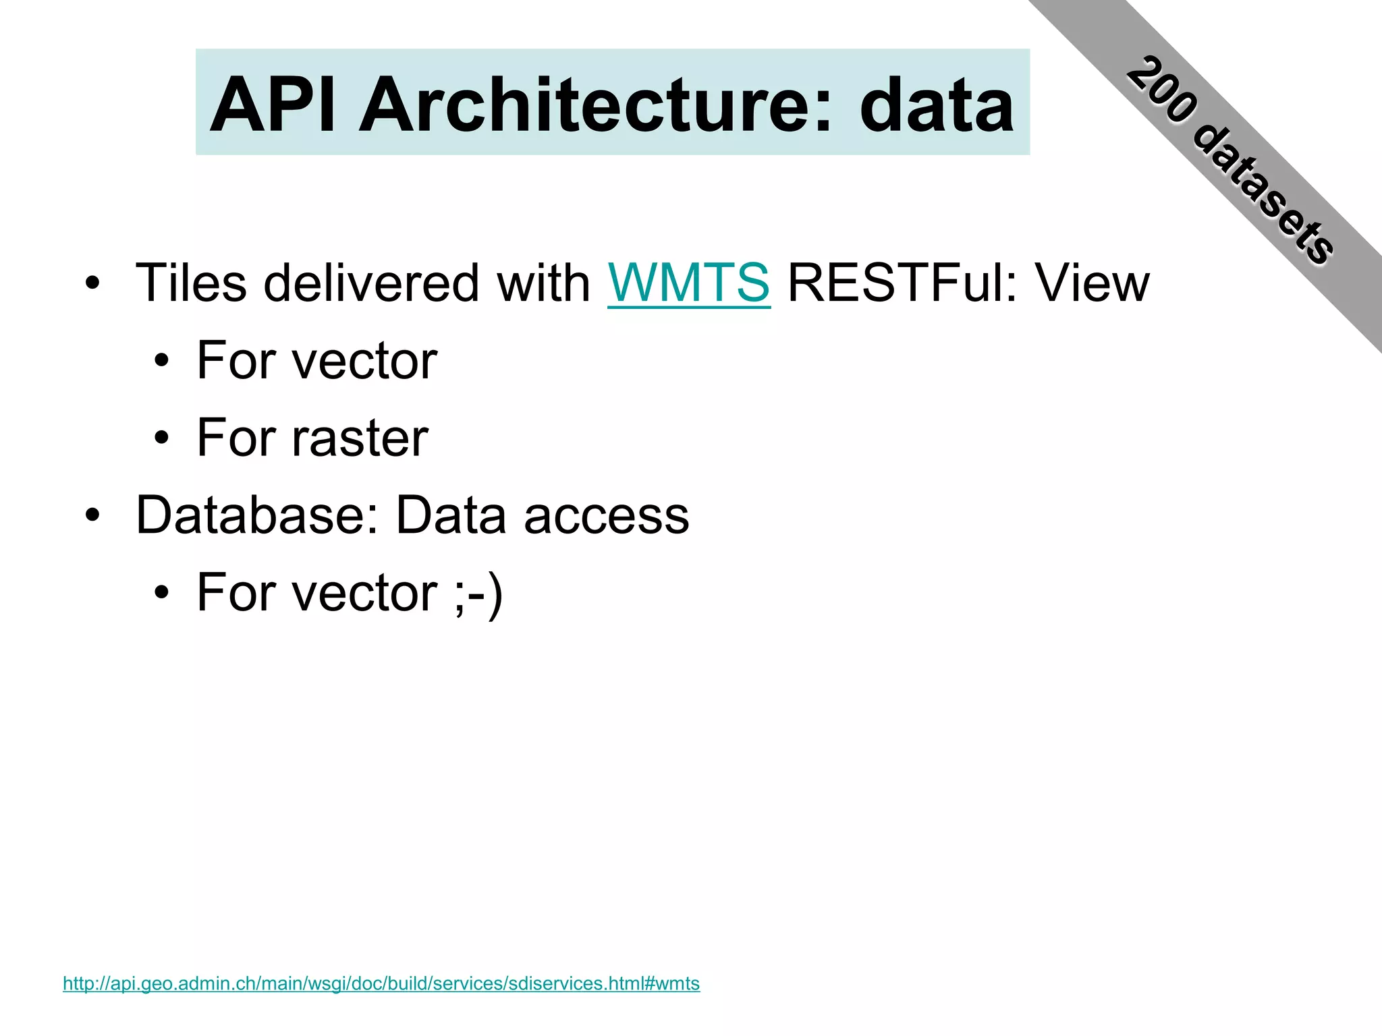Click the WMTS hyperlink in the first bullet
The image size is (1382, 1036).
[x=688, y=283]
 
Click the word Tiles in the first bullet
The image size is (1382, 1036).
[x=192, y=283]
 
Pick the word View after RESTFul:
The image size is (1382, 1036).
[x=1093, y=283]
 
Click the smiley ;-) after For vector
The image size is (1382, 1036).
[x=478, y=594]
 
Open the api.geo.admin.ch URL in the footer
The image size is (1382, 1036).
[x=381, y=983]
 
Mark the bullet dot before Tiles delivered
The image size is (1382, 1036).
[x=92, y=284]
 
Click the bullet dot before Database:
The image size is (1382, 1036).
[x=92, y=517]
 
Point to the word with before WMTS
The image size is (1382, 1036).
[x=544, y=283]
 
